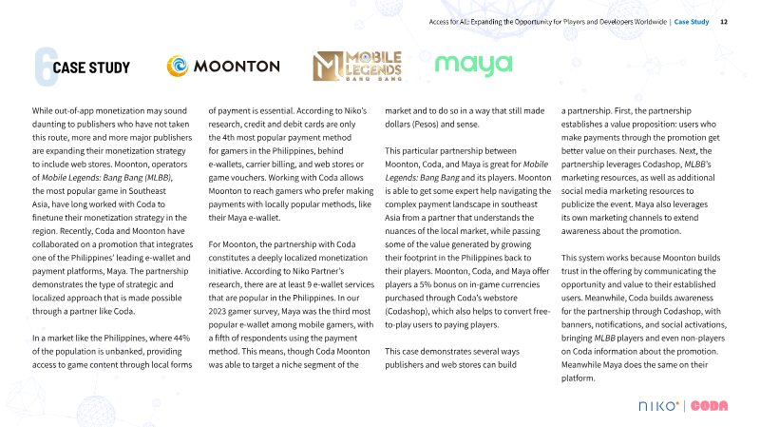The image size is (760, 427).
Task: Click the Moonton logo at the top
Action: point(223,66)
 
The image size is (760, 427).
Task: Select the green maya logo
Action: point(473,65)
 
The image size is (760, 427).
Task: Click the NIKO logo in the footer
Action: point(658,406)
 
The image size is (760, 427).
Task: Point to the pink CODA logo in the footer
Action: point(709,406)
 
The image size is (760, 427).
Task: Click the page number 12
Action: point(724,21)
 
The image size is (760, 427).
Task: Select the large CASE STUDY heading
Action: point(91,68)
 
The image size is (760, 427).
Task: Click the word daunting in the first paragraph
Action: point(54,124)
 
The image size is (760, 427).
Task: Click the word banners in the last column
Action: point(578,324)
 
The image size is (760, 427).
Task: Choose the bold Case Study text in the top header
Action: point(692,21)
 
